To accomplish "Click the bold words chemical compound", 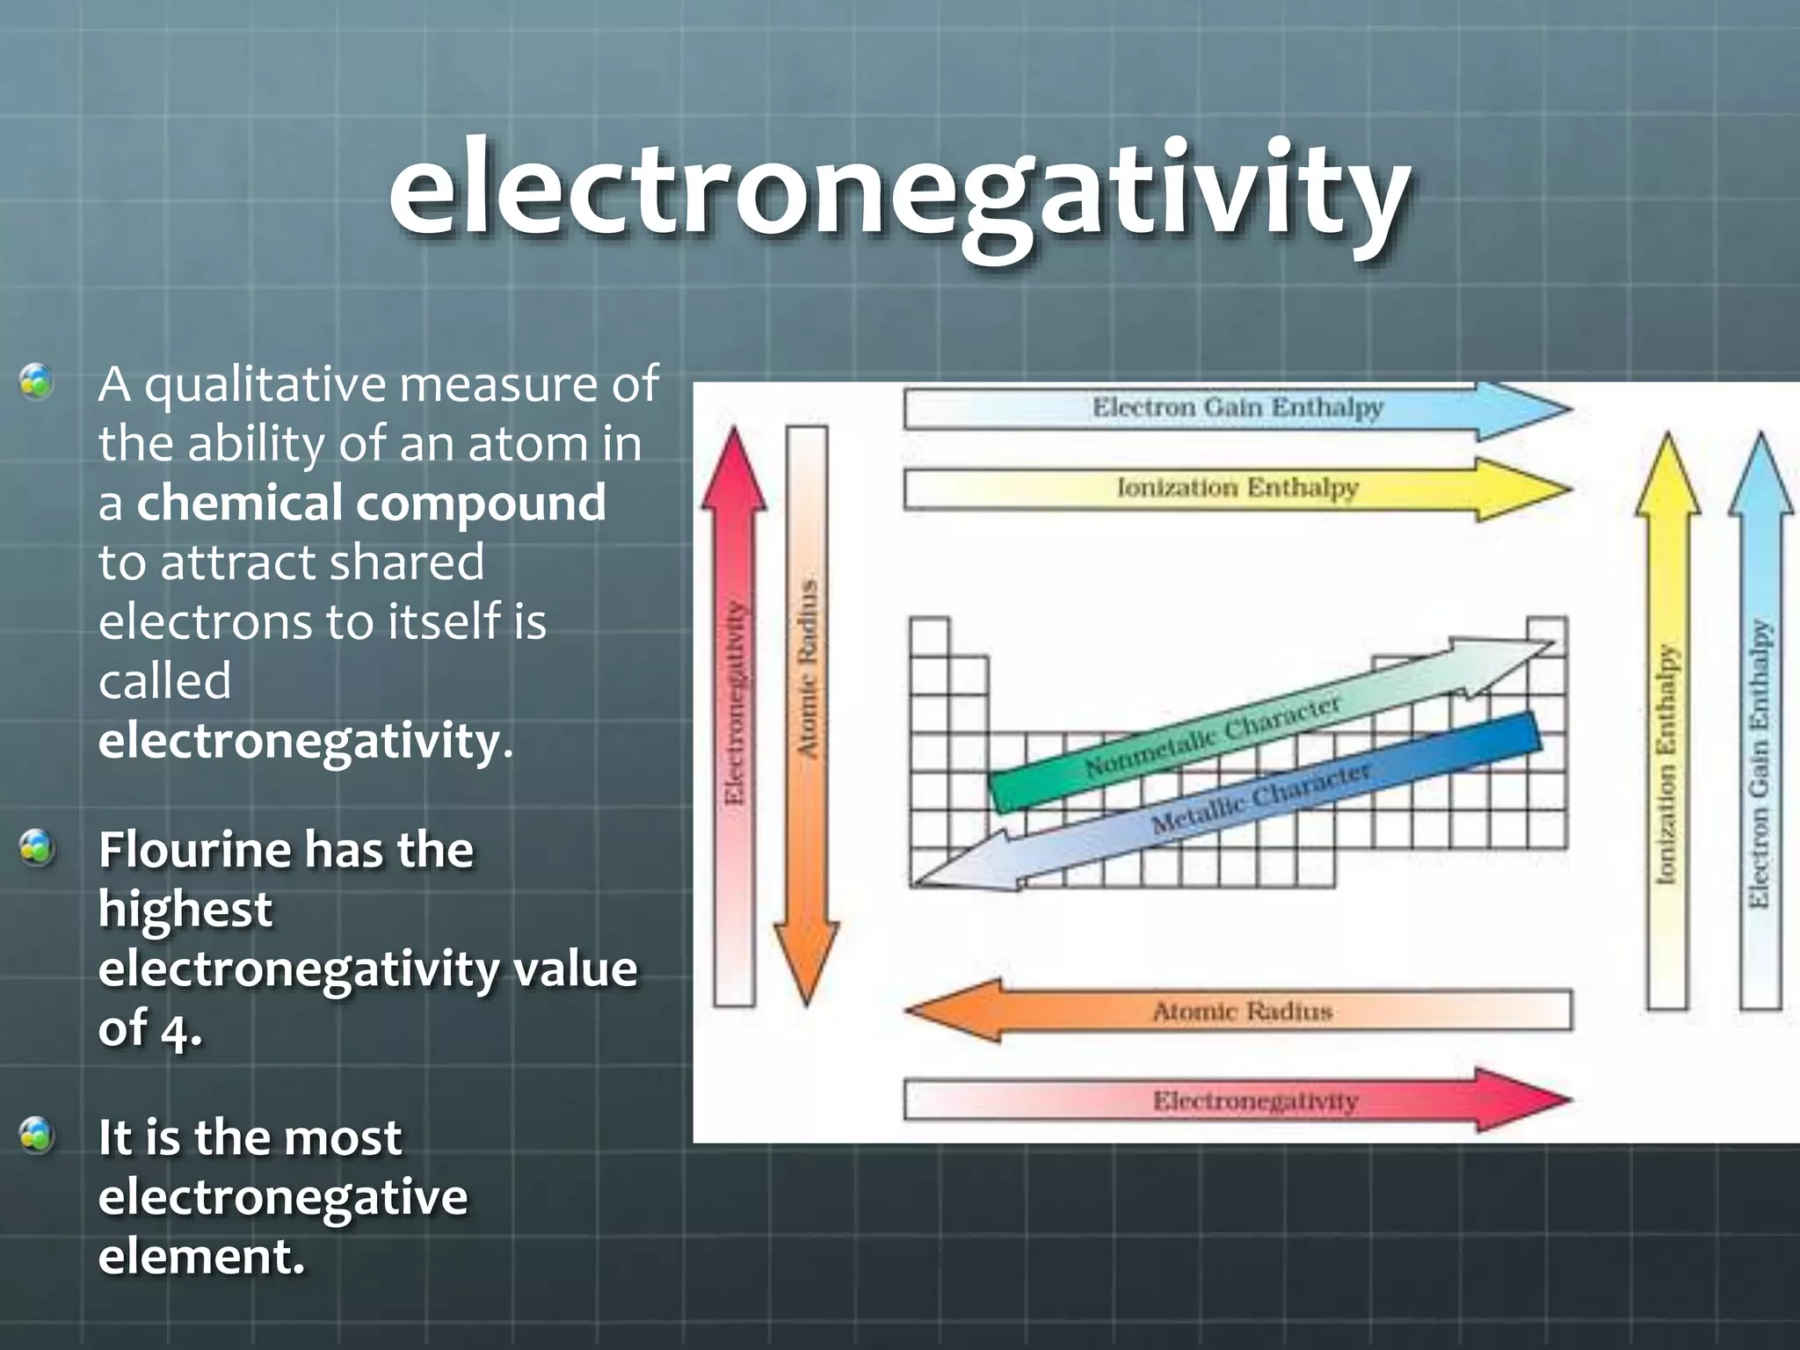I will point(371,503).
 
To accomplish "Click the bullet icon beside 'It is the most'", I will point(37,1135).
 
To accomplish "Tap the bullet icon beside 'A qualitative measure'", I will point(37,382).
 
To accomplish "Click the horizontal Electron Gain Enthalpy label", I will point(1237,408).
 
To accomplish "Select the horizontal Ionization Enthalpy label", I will point(1237,487).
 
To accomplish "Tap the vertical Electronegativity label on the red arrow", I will point(735,703).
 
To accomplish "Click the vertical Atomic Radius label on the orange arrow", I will point(807,668).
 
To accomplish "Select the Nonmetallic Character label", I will point(1213,737).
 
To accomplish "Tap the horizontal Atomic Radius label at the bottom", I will point(1243,1012).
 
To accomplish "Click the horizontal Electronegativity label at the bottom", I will point(1255,1100).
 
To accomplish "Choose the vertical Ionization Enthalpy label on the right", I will point(1666,765).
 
